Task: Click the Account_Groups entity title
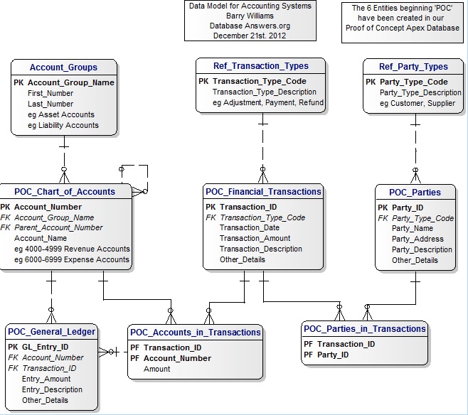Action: point(63,68)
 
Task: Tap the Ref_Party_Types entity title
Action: point(413,66)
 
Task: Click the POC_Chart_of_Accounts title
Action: point(65,191)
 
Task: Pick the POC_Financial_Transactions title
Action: point(263,191)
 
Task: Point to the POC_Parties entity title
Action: point(415,192)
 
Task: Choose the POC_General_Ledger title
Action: point(51,332)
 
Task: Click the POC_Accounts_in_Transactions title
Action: point(196,332)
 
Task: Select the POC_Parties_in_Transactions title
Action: point(364,328)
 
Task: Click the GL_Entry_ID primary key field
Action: point(45,347)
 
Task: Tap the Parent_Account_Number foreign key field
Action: point(58,228)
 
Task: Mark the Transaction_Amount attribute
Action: point(255,239)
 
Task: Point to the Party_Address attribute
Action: point(418,239)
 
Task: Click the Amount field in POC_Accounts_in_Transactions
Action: point(156,369)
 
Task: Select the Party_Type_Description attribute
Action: point(420,92)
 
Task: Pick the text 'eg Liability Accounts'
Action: point(63,125)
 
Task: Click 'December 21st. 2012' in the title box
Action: point(250,36)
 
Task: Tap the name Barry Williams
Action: point(250,16)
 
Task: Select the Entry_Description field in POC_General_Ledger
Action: point(52,389)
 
